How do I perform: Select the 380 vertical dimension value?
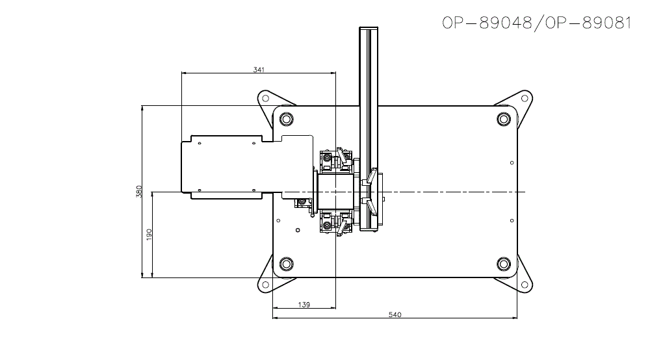[138, 192]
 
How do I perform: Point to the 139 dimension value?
[303, 304]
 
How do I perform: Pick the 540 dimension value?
[395, 315]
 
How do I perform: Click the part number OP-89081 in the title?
[588, 23]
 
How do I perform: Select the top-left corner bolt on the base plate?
[285, 119]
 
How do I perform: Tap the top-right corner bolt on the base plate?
[504, 119]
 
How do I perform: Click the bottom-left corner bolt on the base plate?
[285, 264]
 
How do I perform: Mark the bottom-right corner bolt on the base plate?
[504, 264]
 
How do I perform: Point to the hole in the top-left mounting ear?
[265, 99]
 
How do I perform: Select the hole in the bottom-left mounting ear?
[265, 285]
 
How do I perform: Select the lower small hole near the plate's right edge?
[512, 222]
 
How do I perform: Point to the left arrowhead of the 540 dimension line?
[275, 318]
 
